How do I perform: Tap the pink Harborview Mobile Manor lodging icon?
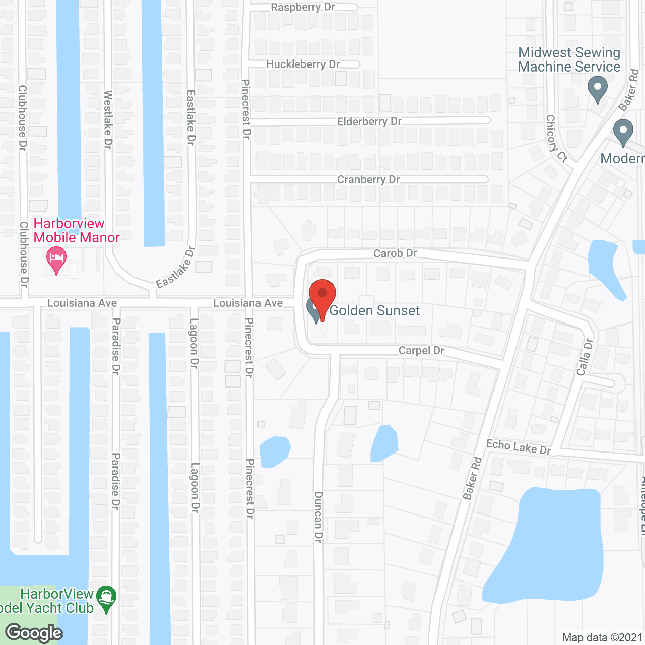pos(56,259)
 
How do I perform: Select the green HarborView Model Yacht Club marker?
pos(106,598)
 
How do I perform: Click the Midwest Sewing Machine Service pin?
pos(598,88)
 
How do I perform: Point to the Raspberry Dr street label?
pos(302,7)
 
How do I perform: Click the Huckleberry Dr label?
pos(302,64)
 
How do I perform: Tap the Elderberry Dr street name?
pos(369,121)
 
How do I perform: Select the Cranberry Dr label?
pos(368,179)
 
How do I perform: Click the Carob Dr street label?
pos(395,253)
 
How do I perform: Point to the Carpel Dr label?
pos(421,350)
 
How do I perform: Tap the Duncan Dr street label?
pos(318,517)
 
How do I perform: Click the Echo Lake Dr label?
pos(518,446)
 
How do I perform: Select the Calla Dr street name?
pos(585,357)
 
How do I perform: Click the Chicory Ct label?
pos(556,138)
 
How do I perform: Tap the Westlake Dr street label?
pos(108,119)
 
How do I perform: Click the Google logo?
pos(34,632)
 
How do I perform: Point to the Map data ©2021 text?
pos(602,637)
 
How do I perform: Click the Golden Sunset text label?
pos(374,310)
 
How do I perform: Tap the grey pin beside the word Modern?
pos(623,132)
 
